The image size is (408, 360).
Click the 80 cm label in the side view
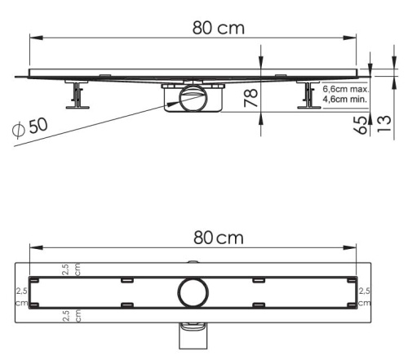(x=219, y=28)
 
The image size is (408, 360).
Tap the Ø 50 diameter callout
(x=32, y=128)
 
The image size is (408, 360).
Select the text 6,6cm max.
(x=345, y=88)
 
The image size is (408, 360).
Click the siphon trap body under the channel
(x=193, y=102)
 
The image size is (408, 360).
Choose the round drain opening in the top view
(x=193, y=291)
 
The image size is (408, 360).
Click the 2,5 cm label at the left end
(x=22, y=296)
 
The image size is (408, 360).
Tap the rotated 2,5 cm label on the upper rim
(x=72, y=270)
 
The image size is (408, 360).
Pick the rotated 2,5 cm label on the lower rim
(x=72, y=314)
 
